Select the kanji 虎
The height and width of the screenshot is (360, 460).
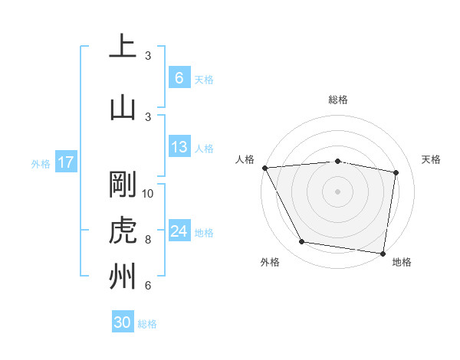click(x=123, y=230)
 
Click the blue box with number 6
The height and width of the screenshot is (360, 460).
click(x=179, y=77)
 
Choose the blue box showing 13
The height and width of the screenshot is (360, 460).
click(x=179, y=147)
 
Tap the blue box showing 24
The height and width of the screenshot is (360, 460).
click(x=179, y=231)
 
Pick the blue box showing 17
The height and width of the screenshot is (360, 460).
click(x=65, y=162)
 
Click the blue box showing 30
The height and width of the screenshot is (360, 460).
click(x=123, y=322)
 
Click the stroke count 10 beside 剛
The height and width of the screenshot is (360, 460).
click(x=149, y=193)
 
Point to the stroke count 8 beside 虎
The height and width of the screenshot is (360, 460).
click(x=148, y=240)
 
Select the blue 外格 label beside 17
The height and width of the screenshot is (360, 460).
click(x=41, y=163)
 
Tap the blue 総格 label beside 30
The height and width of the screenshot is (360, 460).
click(x=147, y=324)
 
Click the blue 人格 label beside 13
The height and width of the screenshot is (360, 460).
click(x=204, y=149)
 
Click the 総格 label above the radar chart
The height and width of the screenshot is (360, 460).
click(x=338, y=100)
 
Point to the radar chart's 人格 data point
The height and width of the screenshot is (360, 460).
click(x=264, y=168)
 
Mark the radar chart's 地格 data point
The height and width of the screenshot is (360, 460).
click(x=383, y=253)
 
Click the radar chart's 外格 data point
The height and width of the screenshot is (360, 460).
click(x=302, y=242)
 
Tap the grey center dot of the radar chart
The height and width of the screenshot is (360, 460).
click(x=337, y=191)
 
